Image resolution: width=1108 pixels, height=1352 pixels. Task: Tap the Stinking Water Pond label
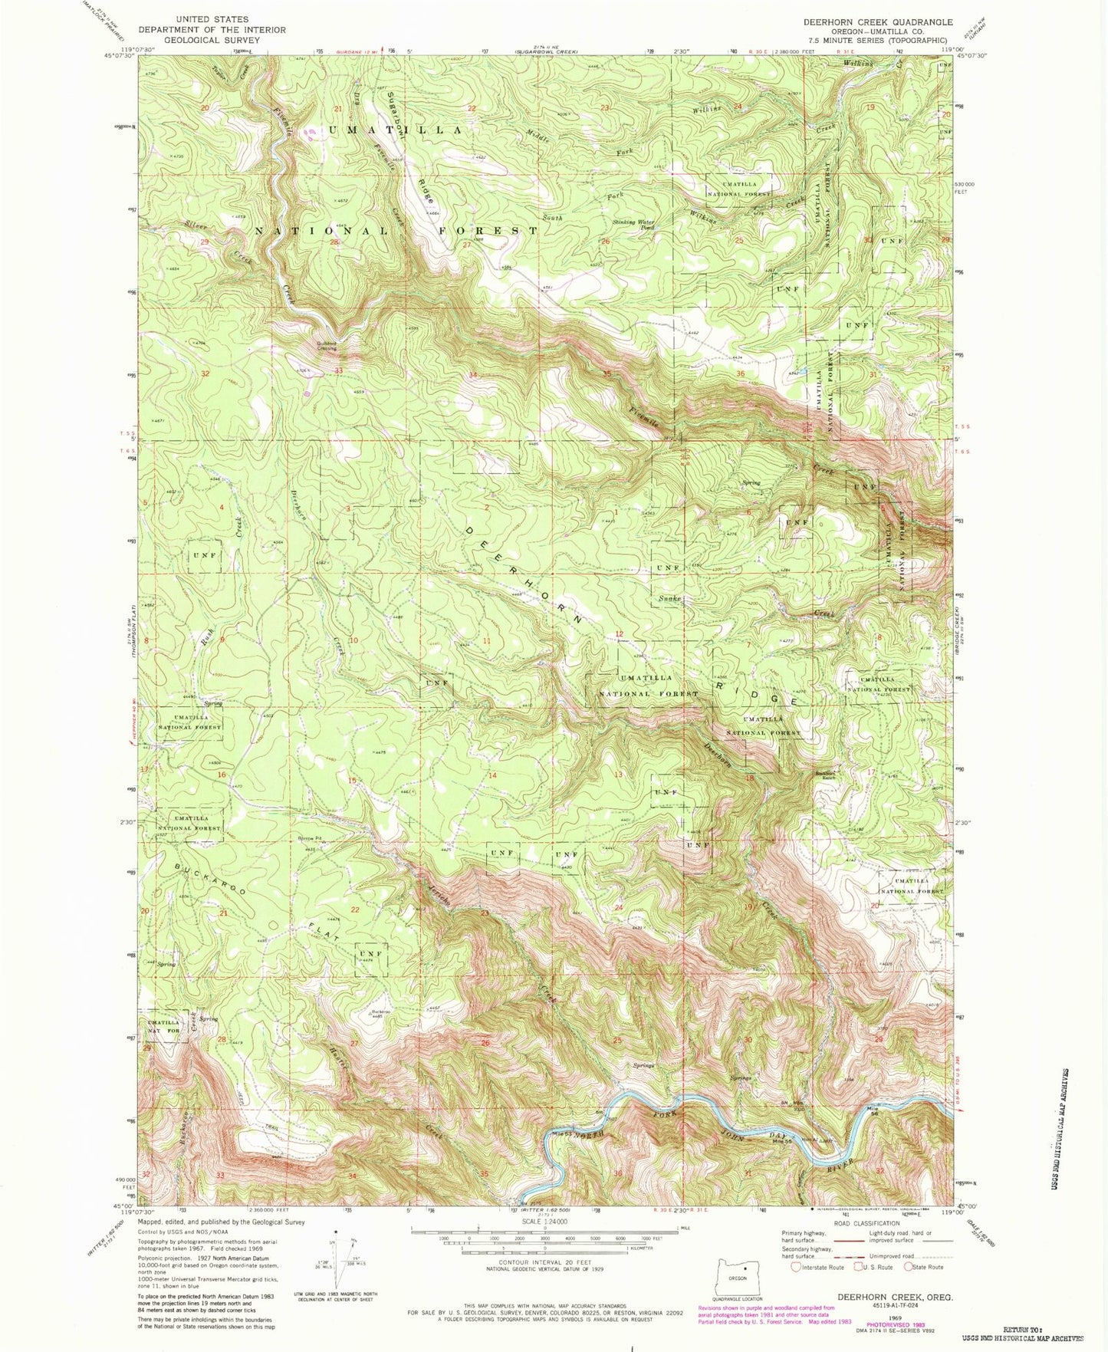pos(633,225)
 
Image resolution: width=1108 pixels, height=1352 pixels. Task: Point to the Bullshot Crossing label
pos(327,346)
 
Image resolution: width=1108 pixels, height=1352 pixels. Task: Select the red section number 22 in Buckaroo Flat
pos(355,910)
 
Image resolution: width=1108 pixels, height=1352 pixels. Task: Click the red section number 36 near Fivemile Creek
pos(740,374)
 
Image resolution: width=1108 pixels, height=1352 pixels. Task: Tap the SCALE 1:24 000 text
pos(544,1221)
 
